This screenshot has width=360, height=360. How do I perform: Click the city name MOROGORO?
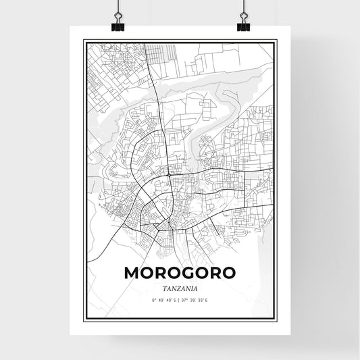(x=180, y=273)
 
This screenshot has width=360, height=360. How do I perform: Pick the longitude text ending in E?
(x=196, y=299)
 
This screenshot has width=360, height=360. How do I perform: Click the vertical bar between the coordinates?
(x=180, y=299)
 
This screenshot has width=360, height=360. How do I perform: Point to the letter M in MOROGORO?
(x=132, y=273)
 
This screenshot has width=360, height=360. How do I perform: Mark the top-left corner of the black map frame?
(x=84, y=41)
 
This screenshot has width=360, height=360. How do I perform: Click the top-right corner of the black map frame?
(x=277, y=41)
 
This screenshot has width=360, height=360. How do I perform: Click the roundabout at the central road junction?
(x=168, y=175)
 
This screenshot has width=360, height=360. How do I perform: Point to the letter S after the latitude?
(x=176, y=299)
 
